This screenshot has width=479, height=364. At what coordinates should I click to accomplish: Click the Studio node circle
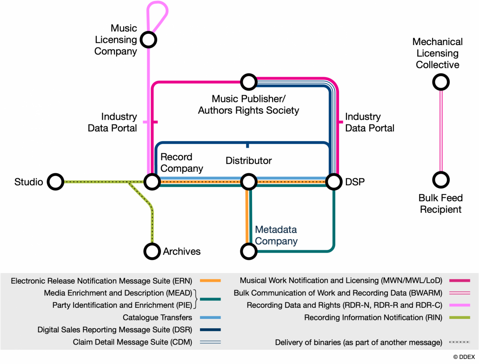55,182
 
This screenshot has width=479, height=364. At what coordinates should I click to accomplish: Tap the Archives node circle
152,251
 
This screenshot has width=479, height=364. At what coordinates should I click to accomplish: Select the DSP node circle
333,182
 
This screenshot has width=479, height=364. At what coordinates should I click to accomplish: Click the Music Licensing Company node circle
148,39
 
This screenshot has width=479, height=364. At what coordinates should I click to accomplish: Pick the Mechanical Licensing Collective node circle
440,83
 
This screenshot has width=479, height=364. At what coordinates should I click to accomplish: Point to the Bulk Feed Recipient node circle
440,180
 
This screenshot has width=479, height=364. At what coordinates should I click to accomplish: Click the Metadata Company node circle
248,251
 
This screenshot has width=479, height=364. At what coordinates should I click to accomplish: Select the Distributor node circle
248,182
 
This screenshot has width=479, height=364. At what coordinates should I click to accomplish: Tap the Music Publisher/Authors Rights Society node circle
248,82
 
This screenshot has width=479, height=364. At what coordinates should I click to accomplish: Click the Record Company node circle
152,182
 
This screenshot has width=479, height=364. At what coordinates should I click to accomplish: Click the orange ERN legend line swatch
210,281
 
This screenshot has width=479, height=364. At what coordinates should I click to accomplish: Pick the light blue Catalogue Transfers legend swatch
210,318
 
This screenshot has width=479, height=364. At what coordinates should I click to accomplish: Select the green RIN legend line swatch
459,318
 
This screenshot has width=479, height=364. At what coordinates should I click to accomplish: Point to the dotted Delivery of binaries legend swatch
459,343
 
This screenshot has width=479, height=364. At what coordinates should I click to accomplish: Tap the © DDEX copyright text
465,357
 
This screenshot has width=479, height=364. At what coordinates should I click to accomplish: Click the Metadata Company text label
276,235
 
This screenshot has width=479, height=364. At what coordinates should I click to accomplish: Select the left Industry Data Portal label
112,122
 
